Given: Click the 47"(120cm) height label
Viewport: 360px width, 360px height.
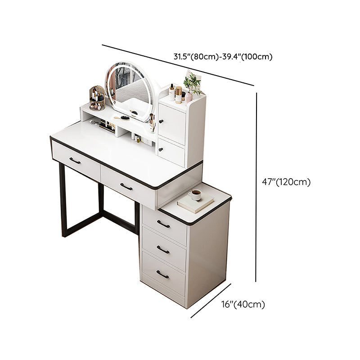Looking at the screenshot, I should tap(286, 182).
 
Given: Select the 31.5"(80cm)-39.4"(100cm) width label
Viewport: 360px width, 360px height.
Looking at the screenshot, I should tap(223, 57).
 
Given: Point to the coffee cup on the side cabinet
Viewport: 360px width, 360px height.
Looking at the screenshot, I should tap(195, 195).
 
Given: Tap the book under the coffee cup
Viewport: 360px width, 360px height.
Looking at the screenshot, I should tap(195, 204).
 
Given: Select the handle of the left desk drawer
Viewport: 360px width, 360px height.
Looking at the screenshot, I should tap(75, 161).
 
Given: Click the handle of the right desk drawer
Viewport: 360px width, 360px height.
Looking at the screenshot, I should tap(126, 186).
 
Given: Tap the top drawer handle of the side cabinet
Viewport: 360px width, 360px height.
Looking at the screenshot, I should tap(163, 224).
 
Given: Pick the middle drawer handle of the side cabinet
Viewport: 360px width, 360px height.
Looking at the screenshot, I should tap(162, 249).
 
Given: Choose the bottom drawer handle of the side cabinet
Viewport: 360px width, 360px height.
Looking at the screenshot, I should tap(162, 274).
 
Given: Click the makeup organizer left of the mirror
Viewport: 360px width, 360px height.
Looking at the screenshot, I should tap(97, 98).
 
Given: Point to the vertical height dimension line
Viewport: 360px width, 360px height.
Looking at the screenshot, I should tap(256, 187).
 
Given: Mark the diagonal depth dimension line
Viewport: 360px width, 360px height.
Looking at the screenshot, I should tap(211, 301).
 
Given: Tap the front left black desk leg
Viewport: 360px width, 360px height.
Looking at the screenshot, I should tap(63, 200).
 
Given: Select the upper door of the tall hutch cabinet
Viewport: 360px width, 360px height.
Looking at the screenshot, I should tap(172, 117).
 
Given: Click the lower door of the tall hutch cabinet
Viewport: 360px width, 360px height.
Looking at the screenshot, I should tap(171, 151).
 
